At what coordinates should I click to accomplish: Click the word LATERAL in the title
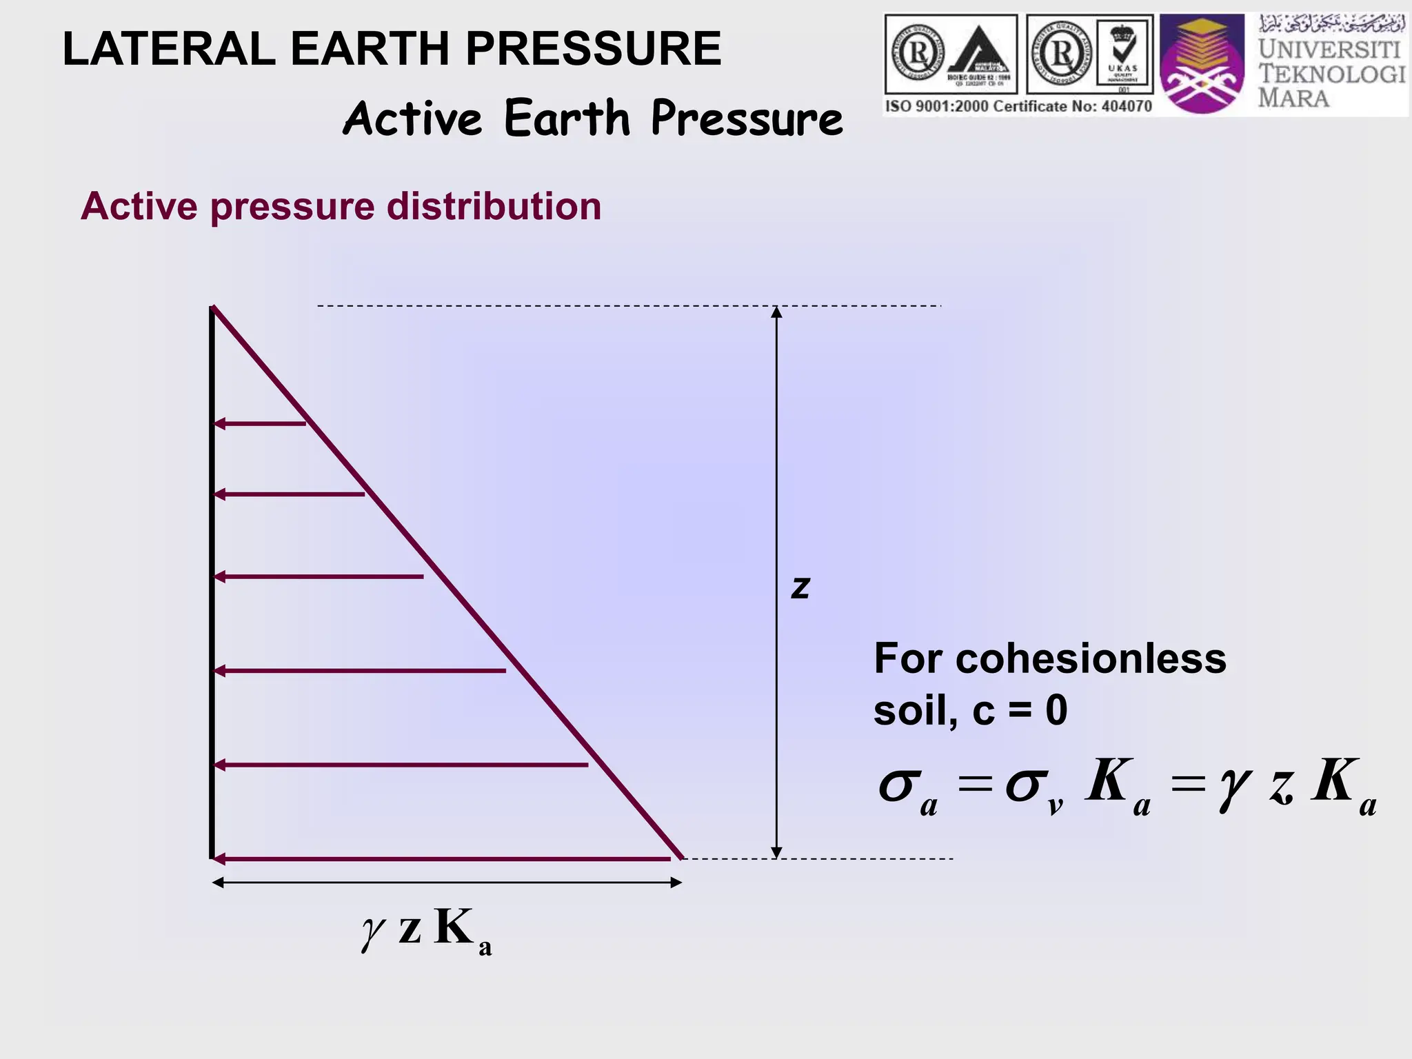(x=169, y=49)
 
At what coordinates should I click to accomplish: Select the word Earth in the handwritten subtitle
(x=567, y=118)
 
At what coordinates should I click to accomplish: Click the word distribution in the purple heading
(x=494, y=206)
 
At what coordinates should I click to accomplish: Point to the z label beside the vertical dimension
(x=800, y=587)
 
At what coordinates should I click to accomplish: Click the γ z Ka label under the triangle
(x=426, y=929)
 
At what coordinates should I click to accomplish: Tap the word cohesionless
(x=1090, y=658)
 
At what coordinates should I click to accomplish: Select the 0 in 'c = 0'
(x=1056, y=710)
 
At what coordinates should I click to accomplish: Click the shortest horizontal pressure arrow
(x=259, y=423)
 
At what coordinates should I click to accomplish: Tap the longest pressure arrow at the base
(x=441, y=859)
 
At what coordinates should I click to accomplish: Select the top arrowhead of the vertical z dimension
(x=776, y=312)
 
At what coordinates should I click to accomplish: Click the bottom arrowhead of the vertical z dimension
(x=776, y=852)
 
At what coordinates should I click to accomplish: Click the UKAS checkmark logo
(x=1123, y=54)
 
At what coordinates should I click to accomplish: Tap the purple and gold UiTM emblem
(x=1202, y=64)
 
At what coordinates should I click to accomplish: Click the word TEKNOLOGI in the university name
(x=1331, y=74)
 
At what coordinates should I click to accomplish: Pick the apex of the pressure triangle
(x=214, y=307)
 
